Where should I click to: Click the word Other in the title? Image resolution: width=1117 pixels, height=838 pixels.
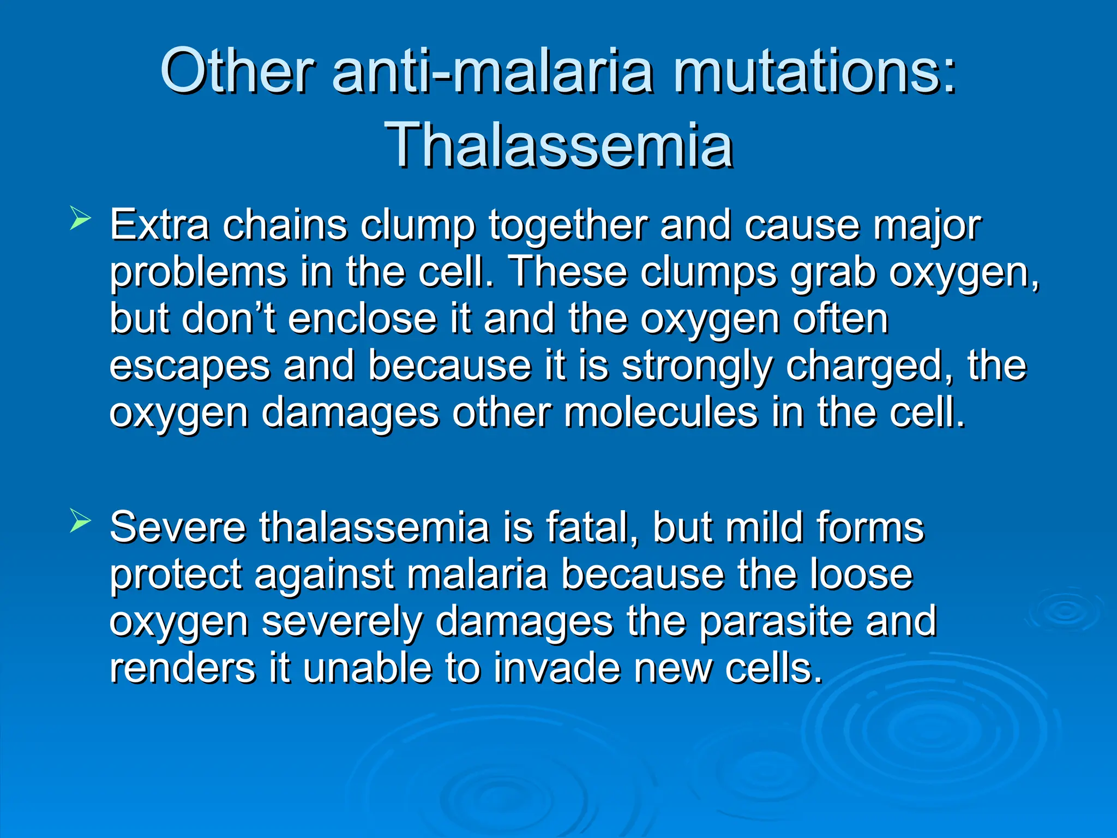[236, 71]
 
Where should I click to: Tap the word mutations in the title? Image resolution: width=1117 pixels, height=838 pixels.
[814, 71]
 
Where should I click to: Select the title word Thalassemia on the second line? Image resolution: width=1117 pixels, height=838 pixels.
[558, 145]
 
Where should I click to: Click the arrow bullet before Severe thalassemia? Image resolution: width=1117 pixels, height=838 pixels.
[80, 522]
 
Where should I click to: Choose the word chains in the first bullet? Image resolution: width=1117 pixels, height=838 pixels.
[285, 225]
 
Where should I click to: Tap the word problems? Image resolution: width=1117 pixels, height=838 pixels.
[197, 273]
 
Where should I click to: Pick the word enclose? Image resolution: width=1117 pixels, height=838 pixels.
[362, 319]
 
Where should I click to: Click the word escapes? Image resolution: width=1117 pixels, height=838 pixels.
[189, 367]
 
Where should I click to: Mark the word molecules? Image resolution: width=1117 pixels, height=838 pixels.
[660, 412]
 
